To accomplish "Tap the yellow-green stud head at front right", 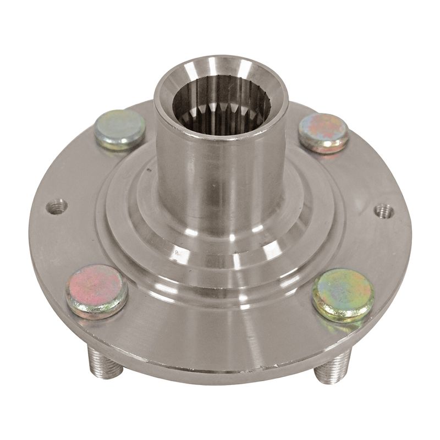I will tap(343, 294).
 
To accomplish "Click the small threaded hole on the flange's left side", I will tap(57, 207).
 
